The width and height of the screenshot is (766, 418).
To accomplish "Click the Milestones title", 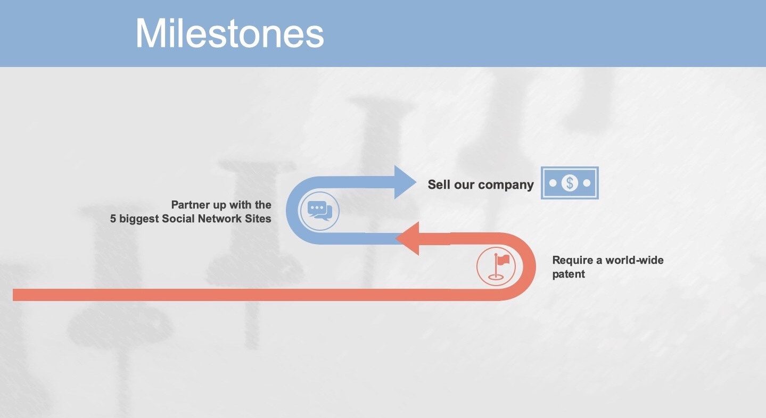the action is coord(229,33).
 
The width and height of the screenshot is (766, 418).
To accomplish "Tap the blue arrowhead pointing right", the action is coord(405,182).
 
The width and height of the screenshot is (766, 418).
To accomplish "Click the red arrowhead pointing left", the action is coord(407,238).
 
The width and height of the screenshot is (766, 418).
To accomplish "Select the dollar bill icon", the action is coord(570,183).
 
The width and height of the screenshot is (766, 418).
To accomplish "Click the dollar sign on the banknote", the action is coord(570,183).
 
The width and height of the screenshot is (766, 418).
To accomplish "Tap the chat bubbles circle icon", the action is coord(319,211).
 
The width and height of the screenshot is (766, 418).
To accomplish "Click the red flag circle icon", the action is coord(496,266).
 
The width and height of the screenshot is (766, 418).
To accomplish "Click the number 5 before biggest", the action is coord(113,219).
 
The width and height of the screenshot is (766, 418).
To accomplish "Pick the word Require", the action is coord(573,261).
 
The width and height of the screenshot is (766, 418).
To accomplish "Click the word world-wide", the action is coord(635,260).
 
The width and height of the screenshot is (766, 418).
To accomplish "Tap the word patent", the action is coord(569,274).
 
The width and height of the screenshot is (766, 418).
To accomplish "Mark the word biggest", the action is coord(139,219).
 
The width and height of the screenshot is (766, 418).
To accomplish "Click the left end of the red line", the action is coord(13,295).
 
